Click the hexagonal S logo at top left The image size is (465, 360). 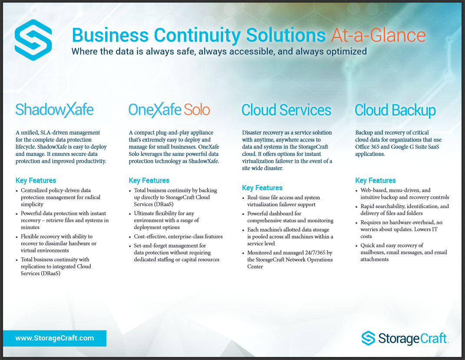33,40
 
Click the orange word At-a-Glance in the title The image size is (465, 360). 379,35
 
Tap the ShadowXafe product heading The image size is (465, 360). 55,110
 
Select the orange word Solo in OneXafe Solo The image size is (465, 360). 197,110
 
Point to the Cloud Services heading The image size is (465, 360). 286,110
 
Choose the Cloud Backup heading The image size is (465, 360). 395,110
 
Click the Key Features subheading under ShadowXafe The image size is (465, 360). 36,180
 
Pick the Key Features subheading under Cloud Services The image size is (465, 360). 262,188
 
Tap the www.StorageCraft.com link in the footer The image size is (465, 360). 55,338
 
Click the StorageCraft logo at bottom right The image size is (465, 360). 405,338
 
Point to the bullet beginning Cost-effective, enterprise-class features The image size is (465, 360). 178,236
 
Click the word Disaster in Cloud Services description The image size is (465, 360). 252,132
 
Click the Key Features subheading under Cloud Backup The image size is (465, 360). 376,180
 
